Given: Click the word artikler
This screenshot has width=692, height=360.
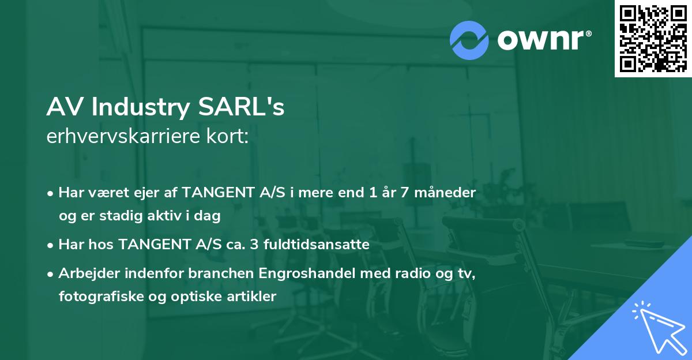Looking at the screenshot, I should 252,297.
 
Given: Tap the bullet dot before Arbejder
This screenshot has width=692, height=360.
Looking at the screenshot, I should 51,274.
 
